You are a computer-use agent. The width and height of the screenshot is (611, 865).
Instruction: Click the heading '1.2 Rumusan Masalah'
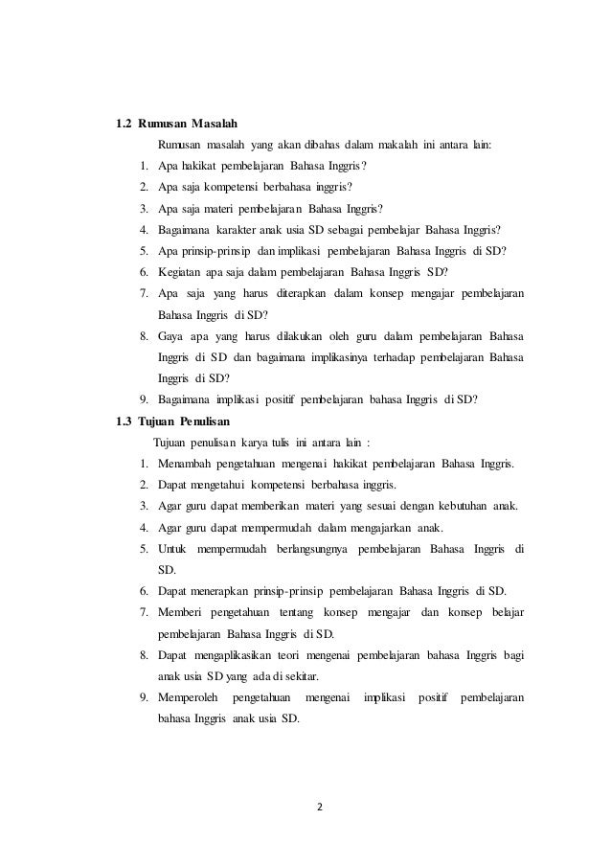[176, 124]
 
